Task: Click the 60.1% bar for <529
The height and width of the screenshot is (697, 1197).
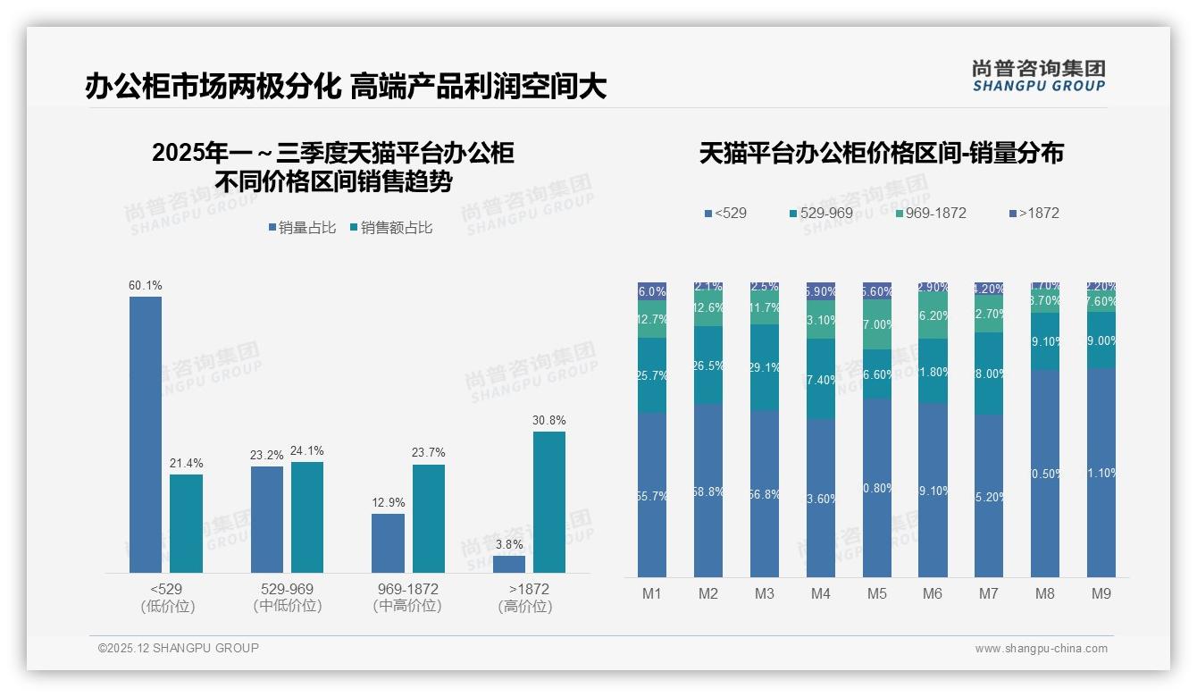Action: pyautogui.click(x=146, y=434)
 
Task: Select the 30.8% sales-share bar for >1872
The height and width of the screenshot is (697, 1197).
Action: pyautogui.click(x=549, y=502)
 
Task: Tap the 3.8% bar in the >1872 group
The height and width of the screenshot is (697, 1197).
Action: pyautogui.click(x=509, y=564)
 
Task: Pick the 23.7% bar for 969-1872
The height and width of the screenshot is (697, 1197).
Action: pyautogui.click(x=429, y=518)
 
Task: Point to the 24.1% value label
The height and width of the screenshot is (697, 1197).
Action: pyautogui.click(x=307, y=451)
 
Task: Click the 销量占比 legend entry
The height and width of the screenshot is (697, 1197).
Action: pyautogui.click(x=302, y=228)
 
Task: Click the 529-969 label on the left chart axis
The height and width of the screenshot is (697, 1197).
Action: pyautogui.click(x=287, y=590)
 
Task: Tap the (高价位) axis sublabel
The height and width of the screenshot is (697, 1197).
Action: pyautogui.click(x=525, y=606)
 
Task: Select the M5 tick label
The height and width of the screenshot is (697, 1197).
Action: pyautogui.click(x=876, y=593)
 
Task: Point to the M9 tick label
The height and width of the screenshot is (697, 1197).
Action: pyautogui.click(x=1101, y=593)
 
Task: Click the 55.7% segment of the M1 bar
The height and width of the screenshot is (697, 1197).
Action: pyautogui.click(x=652, y=494)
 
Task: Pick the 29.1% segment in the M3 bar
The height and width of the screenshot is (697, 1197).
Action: pyautogui.click(x=765, y=366)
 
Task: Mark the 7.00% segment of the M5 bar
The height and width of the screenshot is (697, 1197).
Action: pyautogui.click(x=876, y=323)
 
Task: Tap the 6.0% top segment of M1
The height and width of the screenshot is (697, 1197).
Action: pyautogui.click(x=652, y=291)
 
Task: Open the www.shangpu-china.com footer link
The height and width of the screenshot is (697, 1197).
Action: pyautogui.click(x=1041, y=649)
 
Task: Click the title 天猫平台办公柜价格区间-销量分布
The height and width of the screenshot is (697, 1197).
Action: pyautogui.click(x=881, y=153)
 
